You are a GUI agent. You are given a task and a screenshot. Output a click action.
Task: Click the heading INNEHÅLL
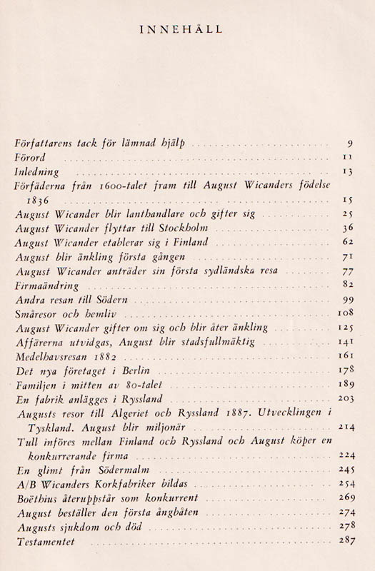coord(186,30)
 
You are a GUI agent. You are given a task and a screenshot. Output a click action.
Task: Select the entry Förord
coord(30,157)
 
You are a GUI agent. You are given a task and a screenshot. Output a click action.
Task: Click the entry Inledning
coord(36,172)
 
